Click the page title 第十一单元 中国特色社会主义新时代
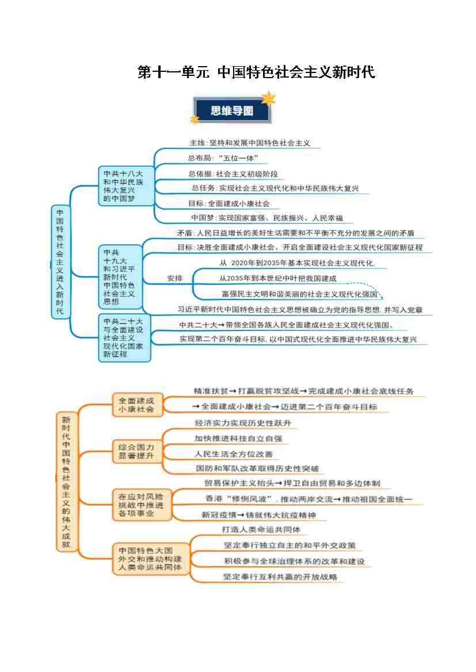pos(256,72)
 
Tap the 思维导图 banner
pos(232,110)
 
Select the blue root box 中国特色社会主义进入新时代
pos(60,262)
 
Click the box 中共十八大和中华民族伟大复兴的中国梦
pos(126,186)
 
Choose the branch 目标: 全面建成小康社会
pos(229,203)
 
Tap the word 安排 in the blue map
pos(174,278)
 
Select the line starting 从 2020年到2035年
pos(297,263)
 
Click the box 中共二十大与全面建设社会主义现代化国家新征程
pos(124,337)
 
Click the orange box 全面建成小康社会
pos(136,405)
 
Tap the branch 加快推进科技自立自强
pos(238,439)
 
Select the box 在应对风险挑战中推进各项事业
pos(141,504)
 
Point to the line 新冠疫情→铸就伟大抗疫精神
pos(258,515)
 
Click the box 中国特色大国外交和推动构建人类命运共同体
pos(150,558)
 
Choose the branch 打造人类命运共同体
pos(261,529)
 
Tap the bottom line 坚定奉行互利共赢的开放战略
pos(280,577)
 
